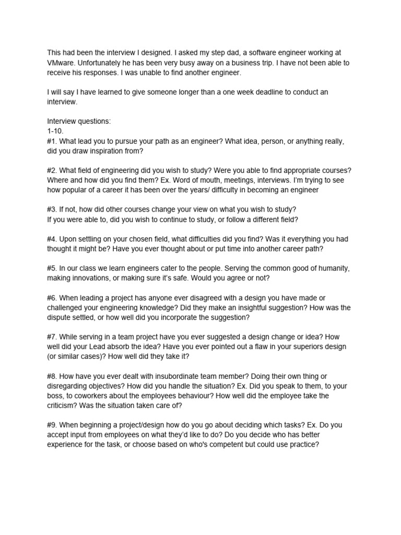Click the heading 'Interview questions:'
pos(79,121)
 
